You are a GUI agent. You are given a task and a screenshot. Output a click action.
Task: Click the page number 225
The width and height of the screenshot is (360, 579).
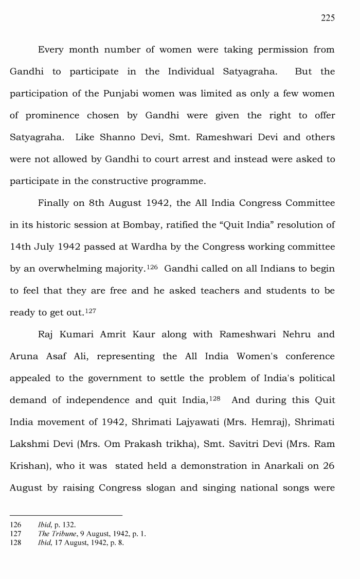click(x=328, y=18)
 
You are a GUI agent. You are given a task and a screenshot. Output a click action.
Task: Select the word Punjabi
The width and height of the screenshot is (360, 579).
click(x=128, y=94)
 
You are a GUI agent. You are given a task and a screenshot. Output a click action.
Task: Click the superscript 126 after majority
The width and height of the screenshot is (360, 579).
click(x=153, y=266)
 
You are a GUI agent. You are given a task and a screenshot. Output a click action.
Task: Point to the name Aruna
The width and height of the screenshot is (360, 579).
click(x=23, y=356)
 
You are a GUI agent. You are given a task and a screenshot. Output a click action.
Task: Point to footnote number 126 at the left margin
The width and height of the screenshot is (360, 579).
click(x=15, y=525)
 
